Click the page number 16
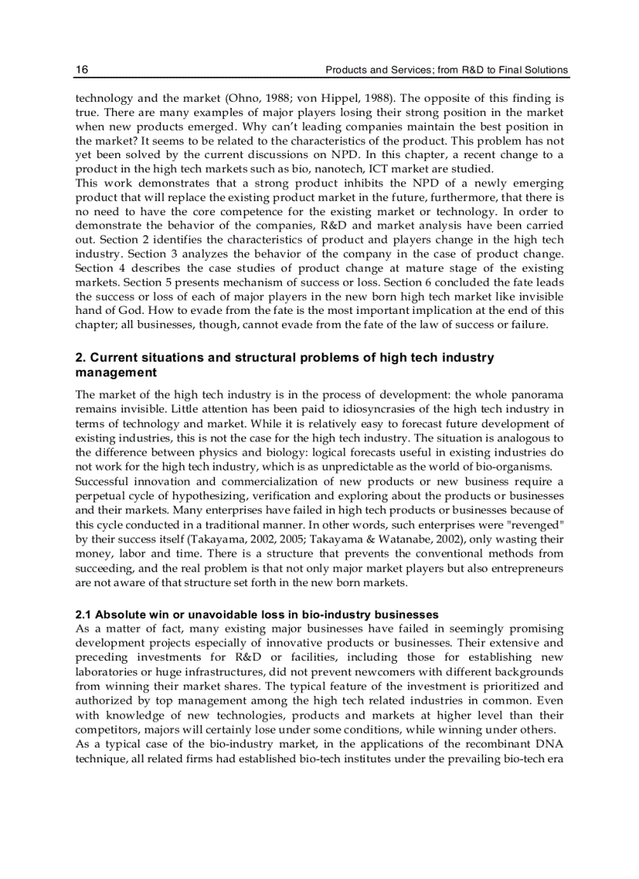pos(81,70)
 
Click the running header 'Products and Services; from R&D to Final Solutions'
pos(446,70)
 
